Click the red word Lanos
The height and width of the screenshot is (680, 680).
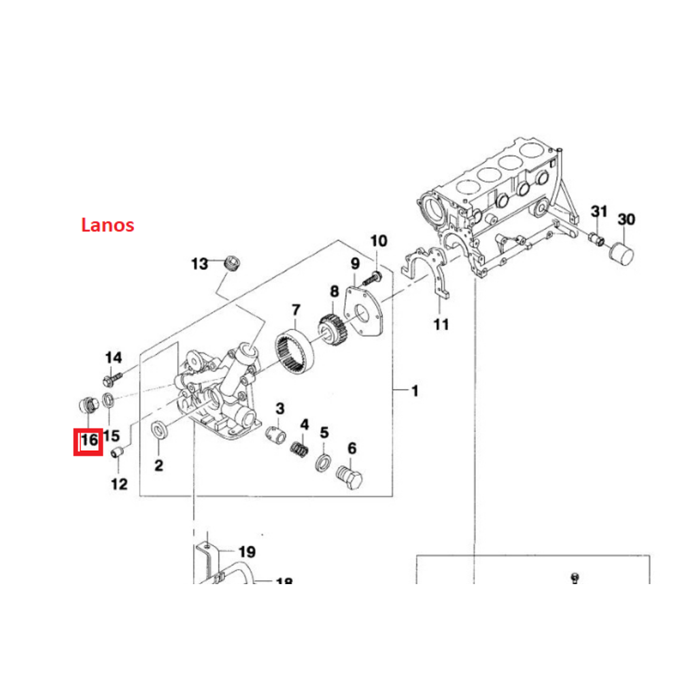pyautogui.click(x=107, y=224)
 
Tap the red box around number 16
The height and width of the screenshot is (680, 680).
pyautogui.click(x=88, y=442)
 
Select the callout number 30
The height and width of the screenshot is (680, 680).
pyautogui.click(x=626, y=219)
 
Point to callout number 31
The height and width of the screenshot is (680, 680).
pyautogui.click(x=598, y=211)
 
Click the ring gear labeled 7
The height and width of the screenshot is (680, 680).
pyautogui.click(x=296, y=352)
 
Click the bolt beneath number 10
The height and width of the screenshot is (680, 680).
pyautogui.click(x=373, y=277)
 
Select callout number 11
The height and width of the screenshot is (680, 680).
pyautogui.click(x=441, y=324)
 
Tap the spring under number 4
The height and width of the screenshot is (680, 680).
pyautogui.click(x=300, y=450)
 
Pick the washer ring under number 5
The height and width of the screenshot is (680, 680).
pyautogui.click(x=324, y=464)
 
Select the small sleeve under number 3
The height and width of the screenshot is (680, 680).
pyautogui.click(x=277, y=433)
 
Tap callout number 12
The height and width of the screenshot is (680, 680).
pyautogui.click(x=119, y=484)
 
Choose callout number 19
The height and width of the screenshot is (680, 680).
pyautogui.click(x=245, y=551)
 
